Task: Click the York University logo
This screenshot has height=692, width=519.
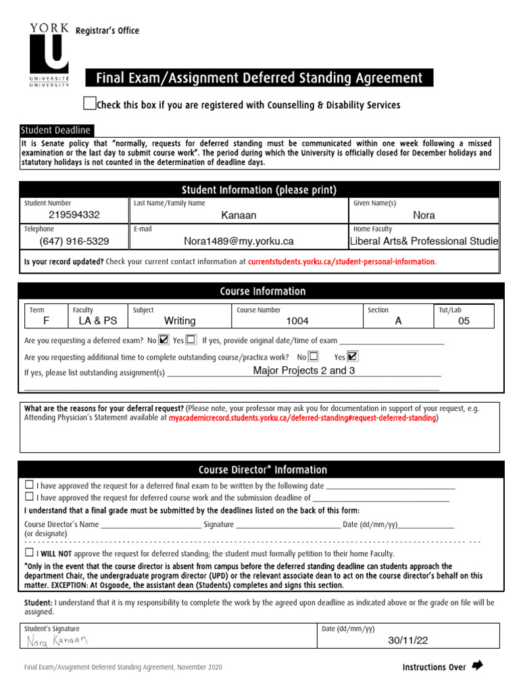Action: (49, 55)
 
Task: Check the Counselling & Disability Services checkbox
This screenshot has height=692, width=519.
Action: (89, 103)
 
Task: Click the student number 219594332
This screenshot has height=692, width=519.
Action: (74, 215)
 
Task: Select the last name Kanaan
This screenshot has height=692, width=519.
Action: (239, 216)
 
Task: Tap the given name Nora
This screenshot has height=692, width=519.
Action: (424, 215)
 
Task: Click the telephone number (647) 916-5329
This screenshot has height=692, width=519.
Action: (74, 241)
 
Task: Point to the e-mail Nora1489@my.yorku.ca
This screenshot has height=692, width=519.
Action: (239, 241)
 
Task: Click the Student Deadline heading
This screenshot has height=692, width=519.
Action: (55, 130)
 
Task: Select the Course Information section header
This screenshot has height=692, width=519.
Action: (262, 291)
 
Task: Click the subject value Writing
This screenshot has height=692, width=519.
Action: (180, 321)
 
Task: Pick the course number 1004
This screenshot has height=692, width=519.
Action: (297, 321)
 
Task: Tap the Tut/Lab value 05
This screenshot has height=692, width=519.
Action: (464, 321)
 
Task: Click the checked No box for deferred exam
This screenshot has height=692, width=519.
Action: (164, 340)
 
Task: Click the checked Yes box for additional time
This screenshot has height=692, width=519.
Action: (353, 356)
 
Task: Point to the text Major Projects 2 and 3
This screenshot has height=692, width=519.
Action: (303, 371)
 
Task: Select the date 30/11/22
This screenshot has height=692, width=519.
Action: (407, 641)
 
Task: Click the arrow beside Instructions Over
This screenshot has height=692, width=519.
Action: (478, 666)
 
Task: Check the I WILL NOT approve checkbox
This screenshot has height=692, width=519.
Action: (29, 552)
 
